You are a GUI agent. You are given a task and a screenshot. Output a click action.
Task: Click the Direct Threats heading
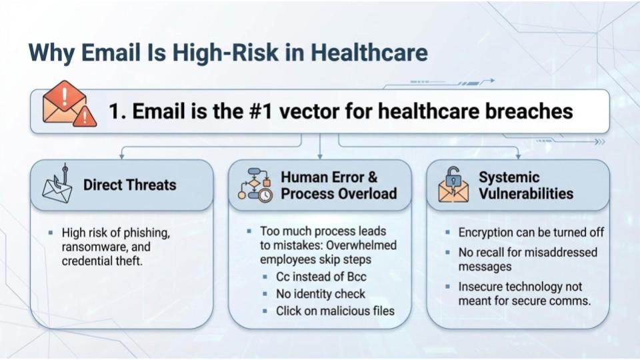tap(129, 185)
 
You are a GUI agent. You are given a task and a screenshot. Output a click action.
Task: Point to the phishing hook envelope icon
tap(57, 185)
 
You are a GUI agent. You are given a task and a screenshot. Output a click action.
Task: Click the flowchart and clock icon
tap(254, 185)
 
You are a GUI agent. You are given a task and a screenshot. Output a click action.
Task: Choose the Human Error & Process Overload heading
tap(338, 185)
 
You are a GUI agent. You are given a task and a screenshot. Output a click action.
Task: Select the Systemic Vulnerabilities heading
tap(525, 185)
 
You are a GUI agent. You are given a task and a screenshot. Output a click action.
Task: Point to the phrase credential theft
tap(103, 261)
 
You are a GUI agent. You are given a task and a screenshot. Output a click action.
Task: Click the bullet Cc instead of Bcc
tap(321, 277)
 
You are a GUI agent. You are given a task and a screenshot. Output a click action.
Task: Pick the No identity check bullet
tap(321, 293)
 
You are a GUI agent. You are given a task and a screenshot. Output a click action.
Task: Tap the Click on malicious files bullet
tap(335, 311)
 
